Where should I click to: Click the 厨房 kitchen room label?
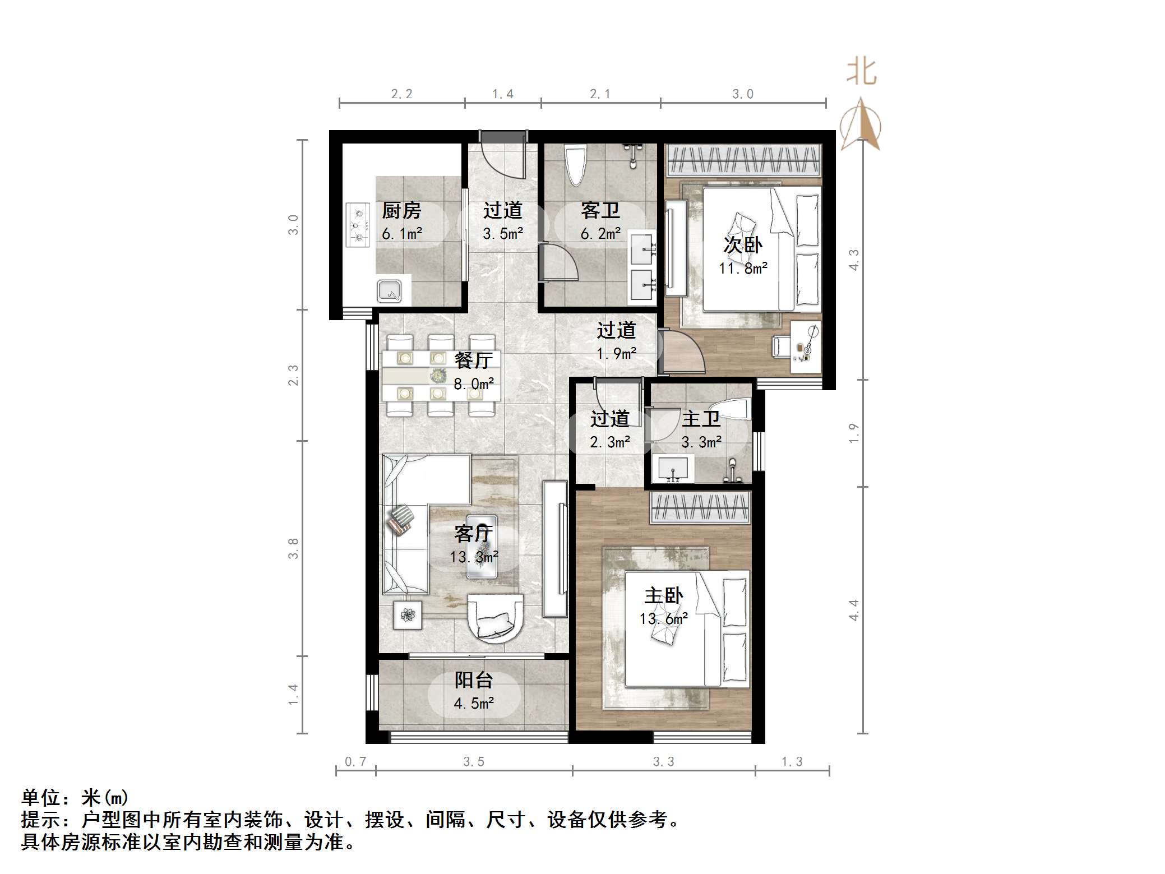pyautogui.click(x=401, y=211)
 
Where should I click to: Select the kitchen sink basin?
pyautogui.click(x=389, y=291)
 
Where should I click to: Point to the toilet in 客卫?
pyautogui.click(x=575, y=165)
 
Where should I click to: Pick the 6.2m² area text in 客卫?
pyautogui.click(x=600, y=234)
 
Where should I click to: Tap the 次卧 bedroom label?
pyautogui.click(x=743, y=245)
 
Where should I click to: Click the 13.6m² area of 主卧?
pyautogui.click(x=664, y=619)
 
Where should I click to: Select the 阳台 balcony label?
pyautogui.click(x=474, y=680)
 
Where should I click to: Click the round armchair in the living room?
pyautogui.click(x=496, y=619)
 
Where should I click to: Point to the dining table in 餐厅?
pyautogui.click(x=440, y=376)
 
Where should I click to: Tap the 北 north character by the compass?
pyautogui.click(x=861, y=73)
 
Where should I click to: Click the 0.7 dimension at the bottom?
pyautogui.click(x=355, y=761)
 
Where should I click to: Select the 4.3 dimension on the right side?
pyautogui.click(x=854, y=260)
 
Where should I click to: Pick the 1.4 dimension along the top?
pyautogui.click(x=503, y=94)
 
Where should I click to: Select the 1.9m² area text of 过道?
pyautogui.click(x=616, y=354)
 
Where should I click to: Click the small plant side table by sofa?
pyautogui.click(x=408, y=615)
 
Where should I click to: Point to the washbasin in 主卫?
pyautogui.click(x=673, y=469)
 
